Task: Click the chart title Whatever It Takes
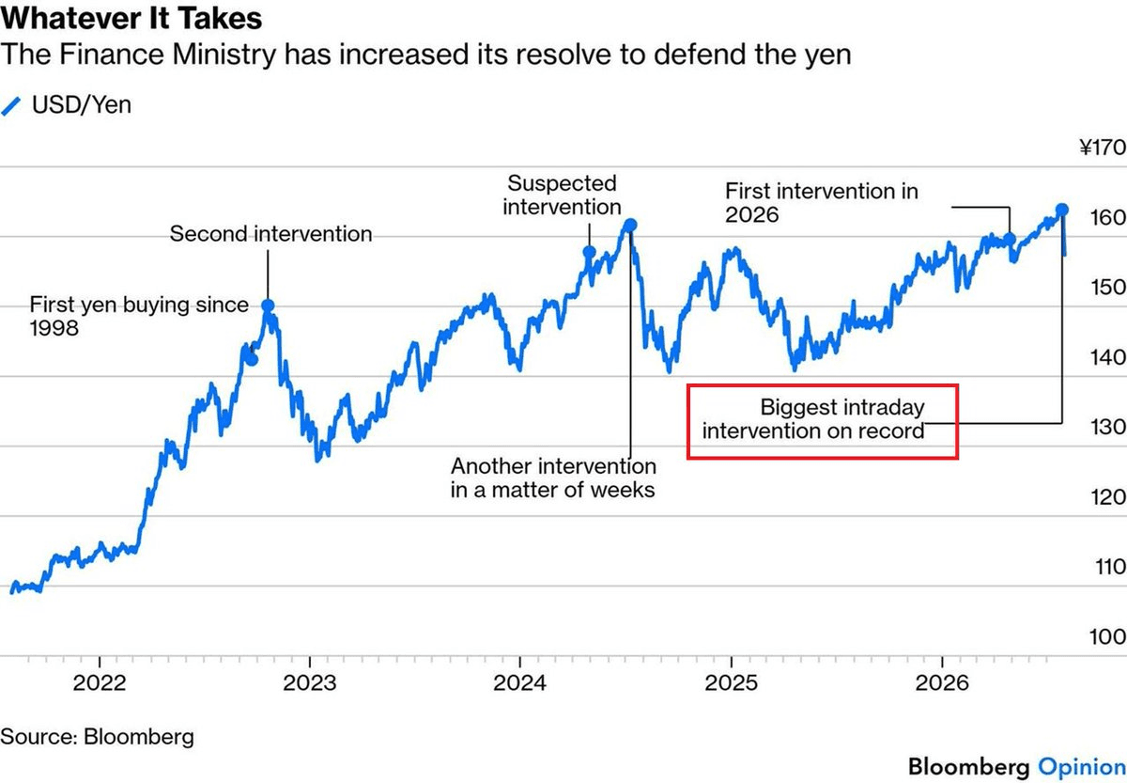tap(131, 18)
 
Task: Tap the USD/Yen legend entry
tap(66, 104)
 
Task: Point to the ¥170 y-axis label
tap(1103, 148)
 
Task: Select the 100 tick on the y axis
tap(1107, 637)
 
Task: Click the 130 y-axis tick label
tap(1107, 427)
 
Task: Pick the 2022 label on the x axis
tap(100, 682)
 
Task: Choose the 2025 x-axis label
tap(731, 682)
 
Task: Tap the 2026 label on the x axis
tap(942, 682)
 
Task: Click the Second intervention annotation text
tap(270, 234)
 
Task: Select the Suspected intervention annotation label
tap(562, 195)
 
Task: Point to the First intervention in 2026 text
tap(822, 203)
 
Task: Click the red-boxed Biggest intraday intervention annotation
tap(813, 419)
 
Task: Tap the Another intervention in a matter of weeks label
tap(553, 478)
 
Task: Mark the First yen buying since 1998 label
tap(139, 316)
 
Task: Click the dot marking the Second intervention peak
tap(269, 305)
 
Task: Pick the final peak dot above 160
tap(1062, 210)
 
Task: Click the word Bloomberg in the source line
tap(139, 737)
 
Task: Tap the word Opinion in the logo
tap(1082, 767)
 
